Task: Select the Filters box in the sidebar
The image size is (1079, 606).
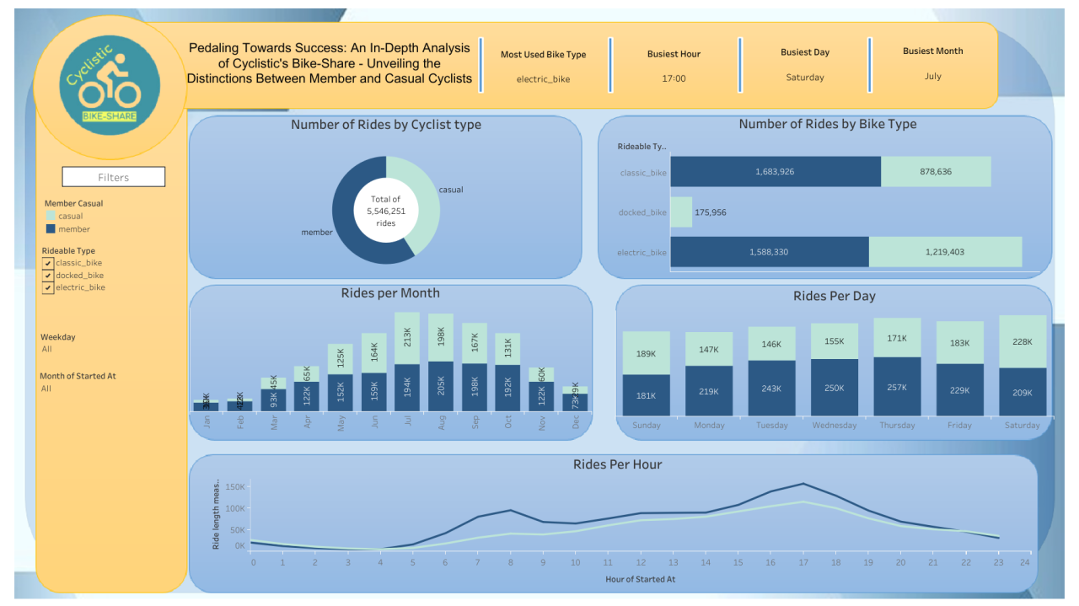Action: pos(114,177)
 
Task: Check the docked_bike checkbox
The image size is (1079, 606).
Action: pos(48,276)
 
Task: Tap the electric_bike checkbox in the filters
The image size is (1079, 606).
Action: pos(48,287)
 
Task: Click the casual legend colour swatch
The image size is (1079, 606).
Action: pos(51,216)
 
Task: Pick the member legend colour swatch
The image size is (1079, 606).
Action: pos(51,229)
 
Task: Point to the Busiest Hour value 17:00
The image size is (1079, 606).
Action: pos(674,78)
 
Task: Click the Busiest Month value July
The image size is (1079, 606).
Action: pos(932,77)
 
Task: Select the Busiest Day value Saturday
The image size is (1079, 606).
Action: pos(805,78)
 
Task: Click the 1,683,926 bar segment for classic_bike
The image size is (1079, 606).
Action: pos(776,172)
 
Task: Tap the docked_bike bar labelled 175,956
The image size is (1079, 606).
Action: pos(681,212)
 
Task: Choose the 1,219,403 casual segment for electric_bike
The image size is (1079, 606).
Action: pos(945,252)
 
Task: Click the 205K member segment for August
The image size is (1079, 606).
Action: pos(441,387)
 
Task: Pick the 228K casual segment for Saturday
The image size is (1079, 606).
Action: pos(1023,341)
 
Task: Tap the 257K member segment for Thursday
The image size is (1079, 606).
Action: pos(897,387)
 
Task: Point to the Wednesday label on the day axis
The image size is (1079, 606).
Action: pos(835,426)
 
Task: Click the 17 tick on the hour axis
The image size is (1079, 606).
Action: pos(803,562)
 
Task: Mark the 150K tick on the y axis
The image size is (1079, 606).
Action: pos(234,487)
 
